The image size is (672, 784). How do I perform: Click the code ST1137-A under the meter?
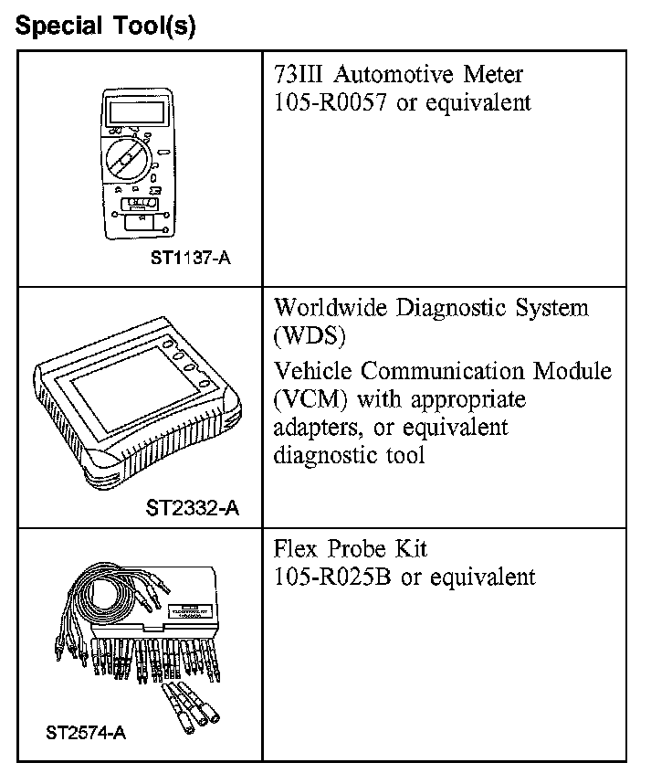coord(191,259)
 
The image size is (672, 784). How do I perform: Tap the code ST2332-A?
coord(193,507)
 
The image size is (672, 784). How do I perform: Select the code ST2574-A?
coord(86,732)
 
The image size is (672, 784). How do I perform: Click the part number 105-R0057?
coord(331,101)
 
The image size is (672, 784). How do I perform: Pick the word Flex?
coord(298,549)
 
